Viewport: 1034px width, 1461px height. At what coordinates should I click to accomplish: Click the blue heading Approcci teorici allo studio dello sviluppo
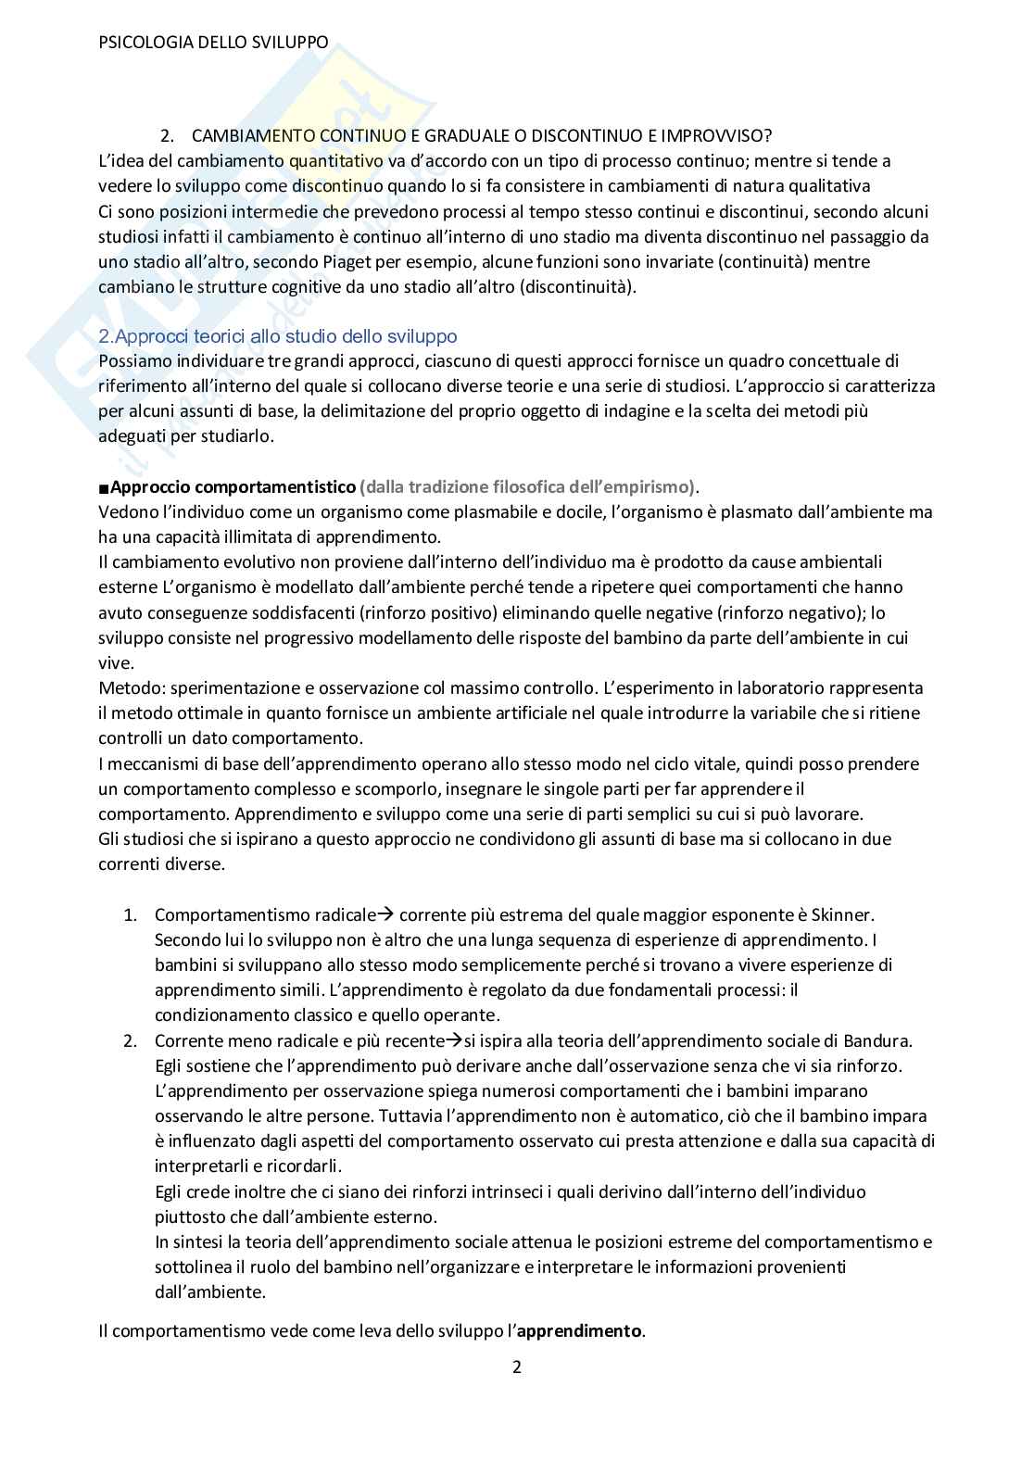point(278,336)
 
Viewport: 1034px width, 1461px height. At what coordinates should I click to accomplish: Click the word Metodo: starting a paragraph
point(128,688)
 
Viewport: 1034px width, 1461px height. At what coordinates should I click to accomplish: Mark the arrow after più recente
point(454,1040)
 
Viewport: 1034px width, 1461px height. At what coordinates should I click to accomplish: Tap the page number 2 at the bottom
point(517,1367)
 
